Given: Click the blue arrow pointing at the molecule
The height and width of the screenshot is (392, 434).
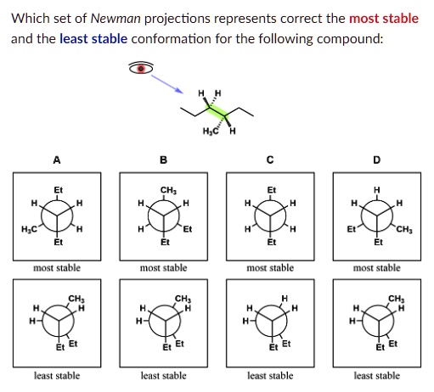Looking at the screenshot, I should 168,81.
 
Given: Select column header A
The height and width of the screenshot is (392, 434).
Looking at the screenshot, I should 57,160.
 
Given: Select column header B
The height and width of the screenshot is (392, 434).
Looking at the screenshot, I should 164,160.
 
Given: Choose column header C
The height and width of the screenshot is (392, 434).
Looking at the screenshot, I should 270,160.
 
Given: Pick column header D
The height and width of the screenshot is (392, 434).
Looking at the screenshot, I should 376,160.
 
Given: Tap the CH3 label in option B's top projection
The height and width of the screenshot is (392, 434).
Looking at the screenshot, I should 163,189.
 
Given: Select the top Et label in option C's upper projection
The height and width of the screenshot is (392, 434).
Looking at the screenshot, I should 270,189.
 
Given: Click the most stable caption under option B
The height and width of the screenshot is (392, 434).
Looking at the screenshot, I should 163,268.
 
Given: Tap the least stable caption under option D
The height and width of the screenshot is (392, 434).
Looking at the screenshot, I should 376,375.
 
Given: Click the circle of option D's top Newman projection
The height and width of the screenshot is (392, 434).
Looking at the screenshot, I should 376,218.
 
